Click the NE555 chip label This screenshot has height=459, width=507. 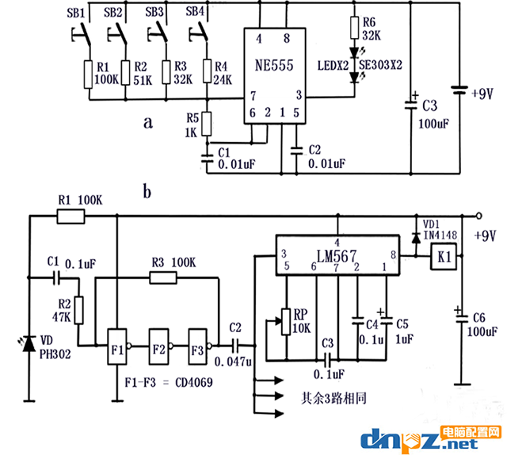(x=274, y=65)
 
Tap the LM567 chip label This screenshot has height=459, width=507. (x=337, y=257)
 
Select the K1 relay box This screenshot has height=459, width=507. (x=444, y=257)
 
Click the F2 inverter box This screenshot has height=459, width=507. (x=158, y=347)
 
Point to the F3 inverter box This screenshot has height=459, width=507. (x=198, y=347)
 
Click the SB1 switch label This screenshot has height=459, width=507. (x=76, y=13)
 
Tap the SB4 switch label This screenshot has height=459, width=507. (x=195, y=12)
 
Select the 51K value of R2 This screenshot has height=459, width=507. (x=143, y=80)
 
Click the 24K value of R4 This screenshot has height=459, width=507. (x=223, y=80)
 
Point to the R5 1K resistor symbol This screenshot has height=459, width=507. (x=207, y=124)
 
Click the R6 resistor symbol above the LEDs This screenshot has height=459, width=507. (x=354, y=28)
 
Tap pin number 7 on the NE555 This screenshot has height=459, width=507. (x=253, y=96)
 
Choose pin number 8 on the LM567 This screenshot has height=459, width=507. (x=393, y=255)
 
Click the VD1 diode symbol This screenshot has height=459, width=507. (x=416, y=238)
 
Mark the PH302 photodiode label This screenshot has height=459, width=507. (x=55, y=354)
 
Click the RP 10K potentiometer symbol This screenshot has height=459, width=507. (x=286, y=322)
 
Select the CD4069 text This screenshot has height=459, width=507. (x=194, y=383)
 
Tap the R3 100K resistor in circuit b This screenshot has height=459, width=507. (x=163, y=278)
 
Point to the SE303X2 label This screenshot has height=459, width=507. (x=380, y=65)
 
